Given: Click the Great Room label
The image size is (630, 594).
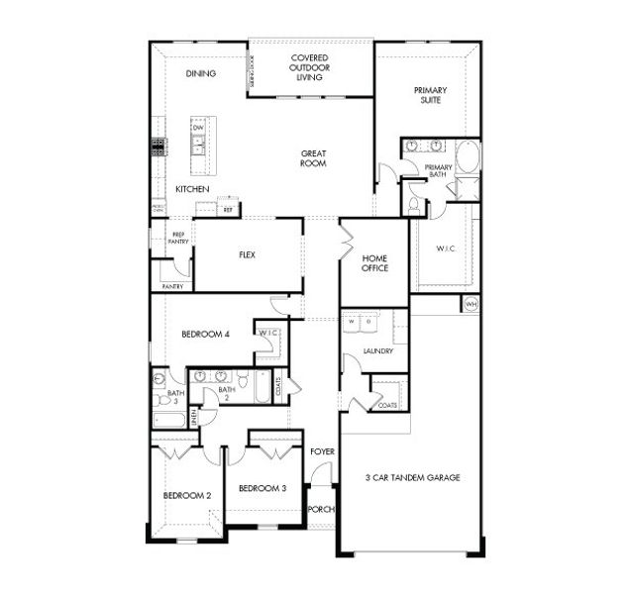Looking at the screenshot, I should (314, 159).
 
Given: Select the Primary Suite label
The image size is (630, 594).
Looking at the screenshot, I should (430, 96).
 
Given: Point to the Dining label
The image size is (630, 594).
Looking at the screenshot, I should (200, 73).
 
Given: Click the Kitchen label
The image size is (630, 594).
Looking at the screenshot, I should (192, 188).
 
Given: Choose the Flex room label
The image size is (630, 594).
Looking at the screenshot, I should (248, 254).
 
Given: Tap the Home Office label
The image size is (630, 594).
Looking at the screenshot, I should (374, 262).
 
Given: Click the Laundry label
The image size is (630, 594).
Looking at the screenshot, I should (377, 350).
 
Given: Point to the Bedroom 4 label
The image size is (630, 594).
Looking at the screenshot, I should (205, 335).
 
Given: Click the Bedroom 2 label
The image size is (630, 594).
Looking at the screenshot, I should (187, 495).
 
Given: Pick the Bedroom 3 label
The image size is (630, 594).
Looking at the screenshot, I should (262, 488).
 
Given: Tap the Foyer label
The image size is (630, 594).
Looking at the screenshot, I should (322, 451).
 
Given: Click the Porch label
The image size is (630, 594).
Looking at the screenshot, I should (321, 509).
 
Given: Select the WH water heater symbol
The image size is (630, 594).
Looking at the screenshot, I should (471, 304).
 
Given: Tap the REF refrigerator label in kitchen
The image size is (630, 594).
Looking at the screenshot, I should (228, 210).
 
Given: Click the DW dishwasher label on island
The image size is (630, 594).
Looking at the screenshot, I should (198, 128).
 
